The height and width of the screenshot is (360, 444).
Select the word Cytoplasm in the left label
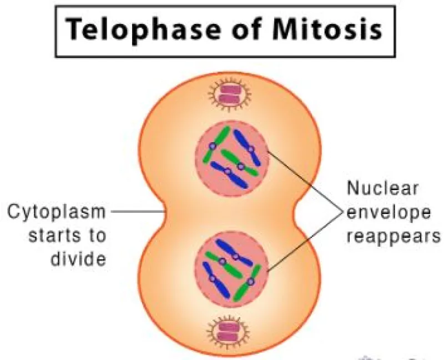(x=56, y=213)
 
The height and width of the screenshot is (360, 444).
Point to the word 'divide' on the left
(x=78, y=258)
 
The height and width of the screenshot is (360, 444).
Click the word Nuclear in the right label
(x=382, y=188)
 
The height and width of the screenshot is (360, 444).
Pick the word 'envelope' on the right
(x=389, y=213)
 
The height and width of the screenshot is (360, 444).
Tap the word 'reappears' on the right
(x=393, y=237)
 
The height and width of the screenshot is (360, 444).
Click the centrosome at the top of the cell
(x=230, y=94)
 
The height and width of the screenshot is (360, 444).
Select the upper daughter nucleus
(x=232, y=158)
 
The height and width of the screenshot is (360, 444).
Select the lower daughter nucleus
(x=231, y=269)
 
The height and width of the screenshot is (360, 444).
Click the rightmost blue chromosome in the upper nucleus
(x=248, y=147)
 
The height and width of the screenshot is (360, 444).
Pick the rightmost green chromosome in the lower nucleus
(x=248, y=283)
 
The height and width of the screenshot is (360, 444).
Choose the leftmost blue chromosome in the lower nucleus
(x=215, y=280)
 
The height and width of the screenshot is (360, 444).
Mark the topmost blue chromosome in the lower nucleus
(x=234, y=253)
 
